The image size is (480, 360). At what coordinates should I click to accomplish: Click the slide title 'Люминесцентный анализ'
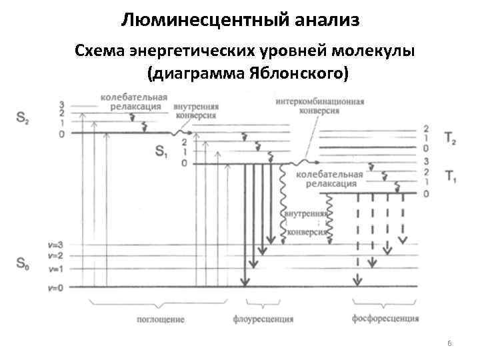(241, 20)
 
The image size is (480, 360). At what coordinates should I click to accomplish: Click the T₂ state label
(450, 139)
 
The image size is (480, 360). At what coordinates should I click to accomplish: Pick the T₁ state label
(450, 177)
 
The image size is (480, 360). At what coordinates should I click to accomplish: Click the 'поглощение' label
(162, 320)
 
